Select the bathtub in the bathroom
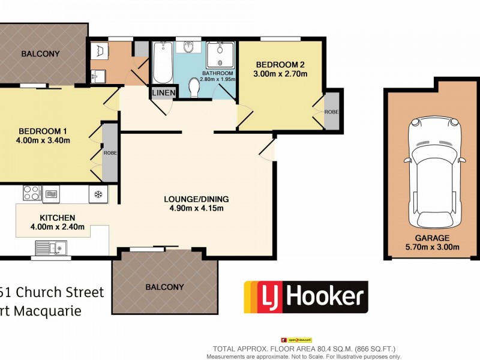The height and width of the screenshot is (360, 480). [x=163, y=64]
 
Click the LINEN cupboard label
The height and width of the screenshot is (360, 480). [x=164, y=93]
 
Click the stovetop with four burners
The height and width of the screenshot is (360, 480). [x=31, y=193]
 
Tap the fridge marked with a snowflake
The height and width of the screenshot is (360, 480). [x=98, y=194]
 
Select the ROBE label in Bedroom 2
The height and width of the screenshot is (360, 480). [x=331, y=112]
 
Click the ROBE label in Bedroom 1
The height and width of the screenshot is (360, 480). [x=110, y=153]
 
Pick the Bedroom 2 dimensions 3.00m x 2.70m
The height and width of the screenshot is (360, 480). [x=281, y=74]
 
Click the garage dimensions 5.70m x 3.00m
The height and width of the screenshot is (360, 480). [x=433, y=247]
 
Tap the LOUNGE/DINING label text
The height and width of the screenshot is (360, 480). [x=197, y=199]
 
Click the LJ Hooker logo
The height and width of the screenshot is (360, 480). [x=305, y=296]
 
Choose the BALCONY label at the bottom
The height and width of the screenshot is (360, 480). [x=165, y=287]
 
